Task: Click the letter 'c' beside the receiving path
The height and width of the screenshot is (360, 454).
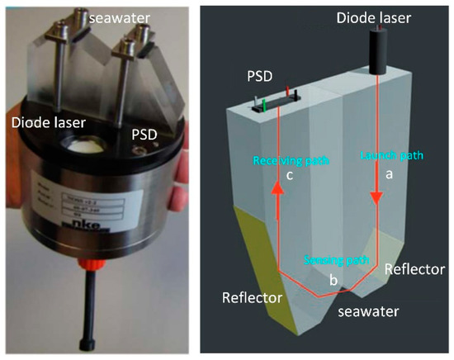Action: [x=288, y=177]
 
